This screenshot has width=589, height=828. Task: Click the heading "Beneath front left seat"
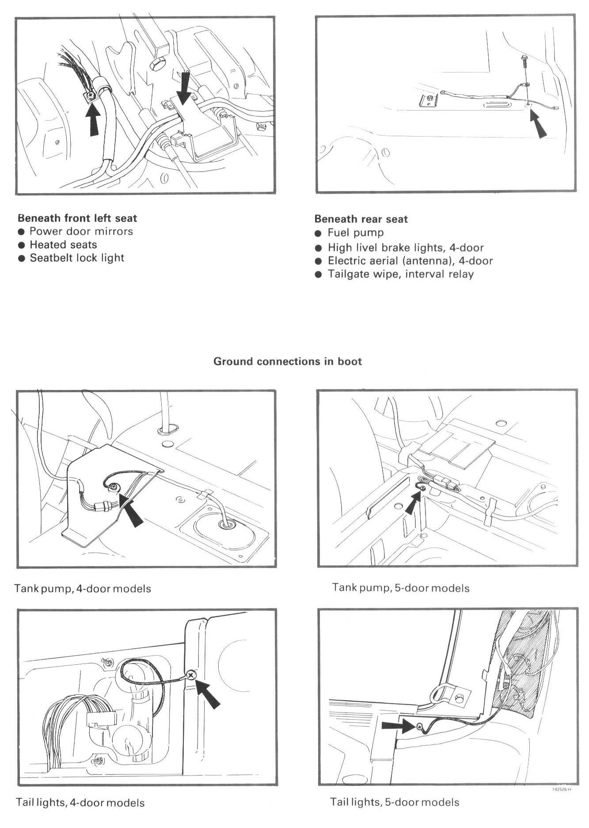tap(77, 218)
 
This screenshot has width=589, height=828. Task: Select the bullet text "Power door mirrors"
tap(81, 231)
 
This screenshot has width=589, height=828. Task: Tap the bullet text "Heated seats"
tap(63, 244)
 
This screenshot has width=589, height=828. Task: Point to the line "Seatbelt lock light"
tap(77, 258)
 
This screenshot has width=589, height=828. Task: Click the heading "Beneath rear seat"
tap(361, 219)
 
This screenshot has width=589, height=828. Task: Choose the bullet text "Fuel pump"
tap(356, 233)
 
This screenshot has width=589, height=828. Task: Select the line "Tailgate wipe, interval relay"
tap(400, 274)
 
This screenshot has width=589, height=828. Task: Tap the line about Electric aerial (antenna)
tap(410, 261)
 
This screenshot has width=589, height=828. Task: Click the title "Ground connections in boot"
tap(288, 361)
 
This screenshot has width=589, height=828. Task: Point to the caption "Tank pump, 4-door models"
tap(83, 589)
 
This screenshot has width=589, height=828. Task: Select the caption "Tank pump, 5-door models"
tap(401, 588)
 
